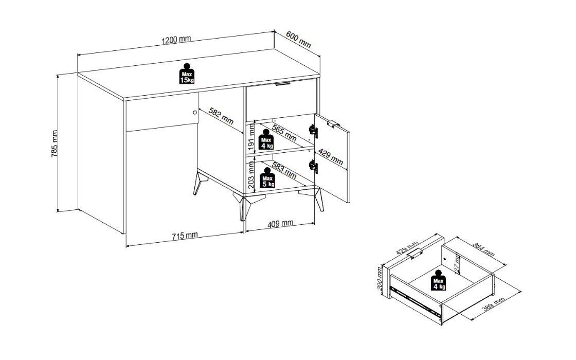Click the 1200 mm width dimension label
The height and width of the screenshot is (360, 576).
pos(176,39)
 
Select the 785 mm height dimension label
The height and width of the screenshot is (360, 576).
pos(55,144)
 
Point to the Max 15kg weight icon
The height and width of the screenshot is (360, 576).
pos(187,74)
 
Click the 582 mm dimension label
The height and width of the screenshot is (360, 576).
pos(221,116)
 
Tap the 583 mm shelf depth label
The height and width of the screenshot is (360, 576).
pos(284,170)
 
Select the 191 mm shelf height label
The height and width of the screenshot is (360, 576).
pos(251,137)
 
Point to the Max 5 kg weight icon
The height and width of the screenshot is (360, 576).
pos(267,178)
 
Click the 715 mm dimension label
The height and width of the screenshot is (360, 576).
pos(185,235)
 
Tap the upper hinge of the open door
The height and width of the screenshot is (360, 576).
pos(313,131)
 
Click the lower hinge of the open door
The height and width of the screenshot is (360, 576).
pos(313,167)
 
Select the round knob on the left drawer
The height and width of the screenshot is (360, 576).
pos(195,113)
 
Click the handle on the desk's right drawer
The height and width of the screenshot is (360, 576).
pos(282,84)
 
